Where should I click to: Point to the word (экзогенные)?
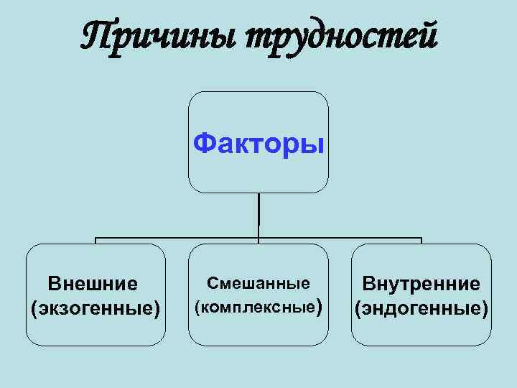tap(96, 309)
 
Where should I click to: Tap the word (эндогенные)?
tap(421, 309)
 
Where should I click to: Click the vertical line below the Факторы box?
tap(258, 216)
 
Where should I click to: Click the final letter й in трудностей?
tap(425, 35)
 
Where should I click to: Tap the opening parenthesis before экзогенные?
tap(34, 310)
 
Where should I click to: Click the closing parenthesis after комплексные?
tap(320, 308)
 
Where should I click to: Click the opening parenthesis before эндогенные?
tap(356, 310)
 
